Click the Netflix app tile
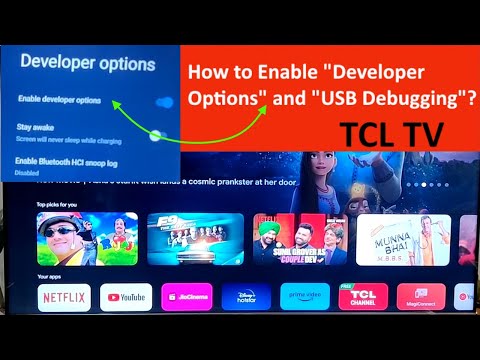pyautogui.click(x=65, y=296)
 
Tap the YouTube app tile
pyautogui.click(x=125, y=296)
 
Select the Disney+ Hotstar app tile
pyautogui.click(x=246, y=296)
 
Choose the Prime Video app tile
pyautogui.click(x=306, y=296)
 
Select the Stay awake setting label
pyautogui.click(x=37, y=127)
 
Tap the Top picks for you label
pyautogui.click(x=57, y=204)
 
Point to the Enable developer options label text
pyautogui.click(x=59, y=100)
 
